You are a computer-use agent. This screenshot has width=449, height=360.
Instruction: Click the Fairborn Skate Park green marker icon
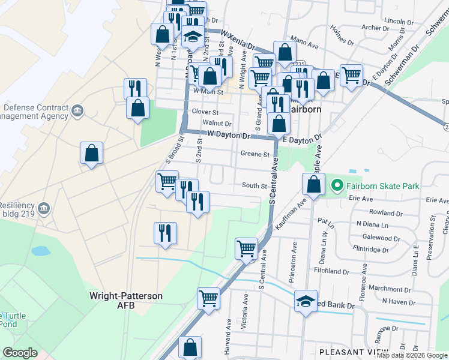click(337, 186)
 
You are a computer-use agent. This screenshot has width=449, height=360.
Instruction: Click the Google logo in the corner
click(20, 353)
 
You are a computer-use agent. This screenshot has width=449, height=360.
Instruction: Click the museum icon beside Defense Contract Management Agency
click(77, 111)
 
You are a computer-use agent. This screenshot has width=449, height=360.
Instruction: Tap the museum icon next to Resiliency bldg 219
click(43, 209)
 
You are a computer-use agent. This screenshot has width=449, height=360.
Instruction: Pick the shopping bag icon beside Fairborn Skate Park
click(314, 184)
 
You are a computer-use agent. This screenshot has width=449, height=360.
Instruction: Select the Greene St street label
click(255, 154)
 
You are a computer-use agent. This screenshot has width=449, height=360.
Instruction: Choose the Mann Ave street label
click(304, 44)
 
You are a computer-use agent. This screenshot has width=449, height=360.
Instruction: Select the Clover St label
click(205, 111)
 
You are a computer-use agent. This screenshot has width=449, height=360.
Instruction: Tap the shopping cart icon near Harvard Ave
click(208, 297)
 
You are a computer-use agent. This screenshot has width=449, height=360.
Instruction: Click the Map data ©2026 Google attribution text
click(412, 355)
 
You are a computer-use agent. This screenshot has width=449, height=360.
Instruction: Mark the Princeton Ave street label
click(294, 254)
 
